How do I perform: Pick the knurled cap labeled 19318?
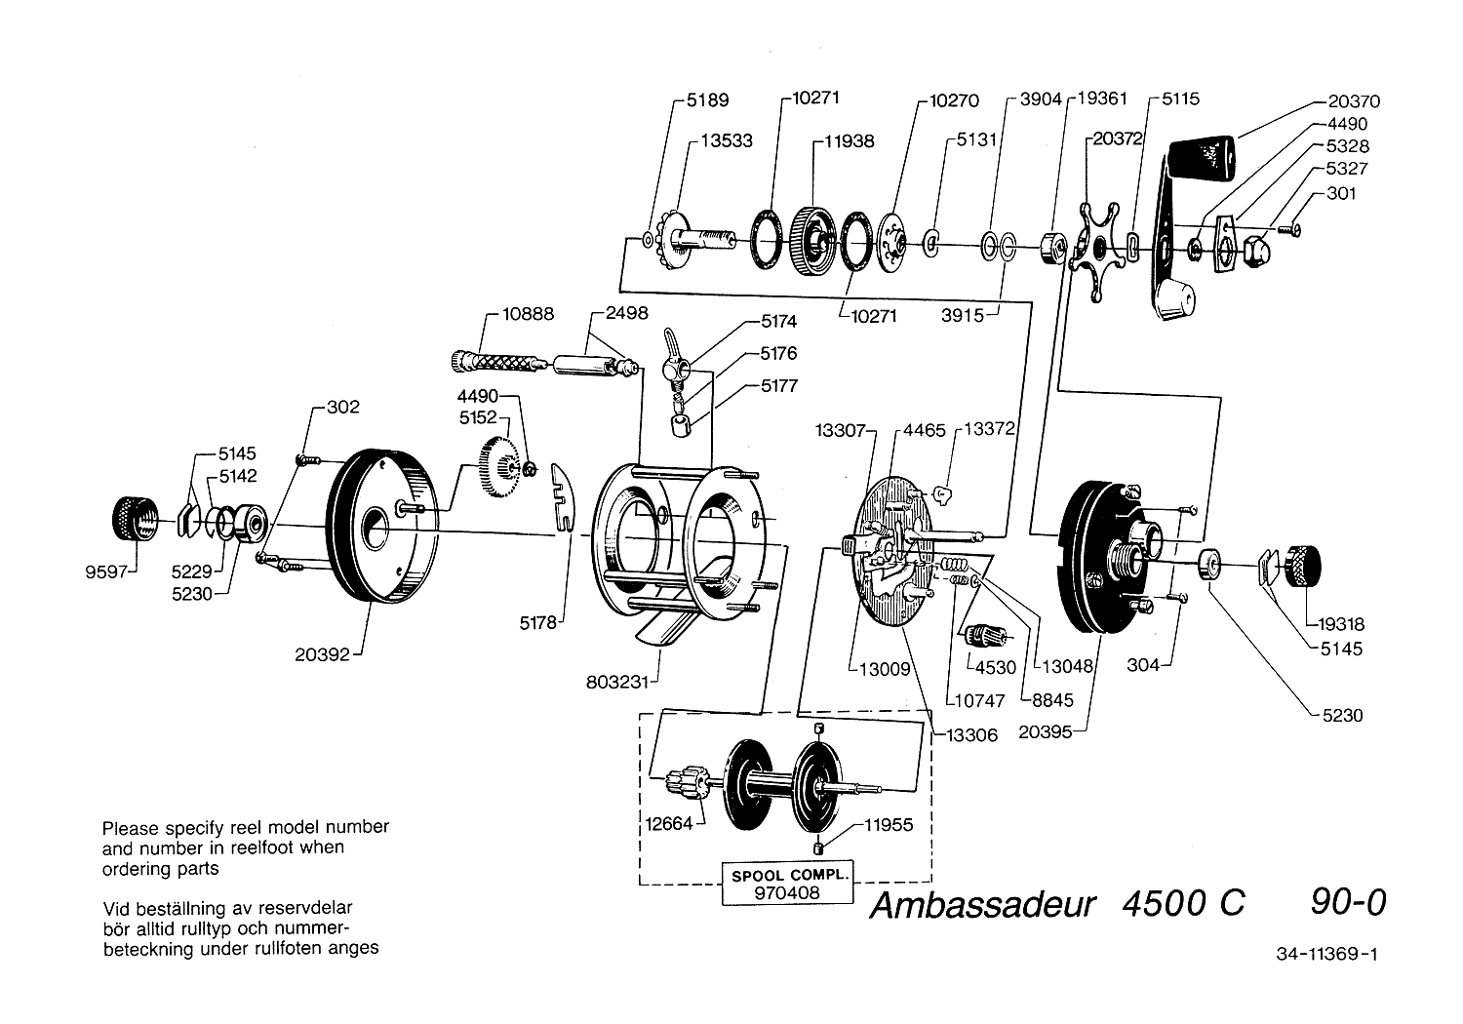coord(1304,567)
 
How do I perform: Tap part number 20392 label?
coord(323,655)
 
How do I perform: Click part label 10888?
coord(528,314)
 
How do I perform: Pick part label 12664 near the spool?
coord(668,824)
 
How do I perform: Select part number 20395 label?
coord(1044,731)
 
